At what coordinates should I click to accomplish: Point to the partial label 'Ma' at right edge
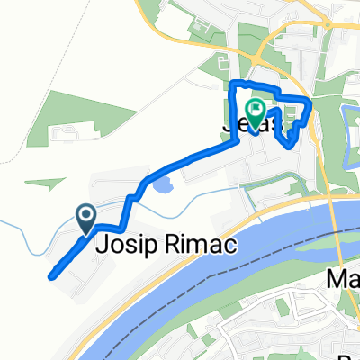point(342,279)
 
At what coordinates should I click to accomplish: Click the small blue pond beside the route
point(163,188)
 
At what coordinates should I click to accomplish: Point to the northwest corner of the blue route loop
point(234,84)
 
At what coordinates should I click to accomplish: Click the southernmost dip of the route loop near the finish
point(289,144)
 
